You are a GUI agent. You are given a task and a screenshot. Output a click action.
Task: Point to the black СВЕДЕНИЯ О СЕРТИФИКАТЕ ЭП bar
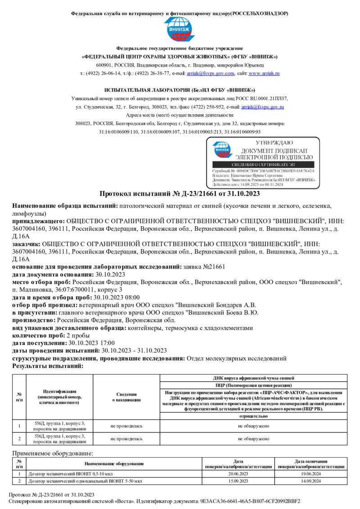point(263,165)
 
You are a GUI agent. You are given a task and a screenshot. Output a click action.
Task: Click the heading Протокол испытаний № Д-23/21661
point(180,194)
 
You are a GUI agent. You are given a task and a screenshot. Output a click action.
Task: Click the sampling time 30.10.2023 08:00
point(116,297)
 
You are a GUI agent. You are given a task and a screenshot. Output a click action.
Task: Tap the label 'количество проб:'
point(38,335)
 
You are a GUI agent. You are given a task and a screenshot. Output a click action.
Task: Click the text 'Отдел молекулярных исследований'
point(236,358)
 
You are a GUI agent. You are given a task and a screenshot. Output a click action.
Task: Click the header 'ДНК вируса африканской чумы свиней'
point(253,378)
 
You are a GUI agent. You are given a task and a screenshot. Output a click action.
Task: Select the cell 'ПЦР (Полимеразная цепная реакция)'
point(253,386)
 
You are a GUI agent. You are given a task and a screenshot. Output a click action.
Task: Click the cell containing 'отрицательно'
point(253,416)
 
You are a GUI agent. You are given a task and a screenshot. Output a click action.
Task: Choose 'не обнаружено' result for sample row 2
point(253,438)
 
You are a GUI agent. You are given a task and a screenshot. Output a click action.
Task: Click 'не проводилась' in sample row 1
point(126,425)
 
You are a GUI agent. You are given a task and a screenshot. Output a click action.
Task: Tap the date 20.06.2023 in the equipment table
point(238,474)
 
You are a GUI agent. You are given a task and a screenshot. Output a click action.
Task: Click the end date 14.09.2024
point(311,481)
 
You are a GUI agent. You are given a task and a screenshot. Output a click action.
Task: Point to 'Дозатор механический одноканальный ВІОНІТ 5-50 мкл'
point(85,481)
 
